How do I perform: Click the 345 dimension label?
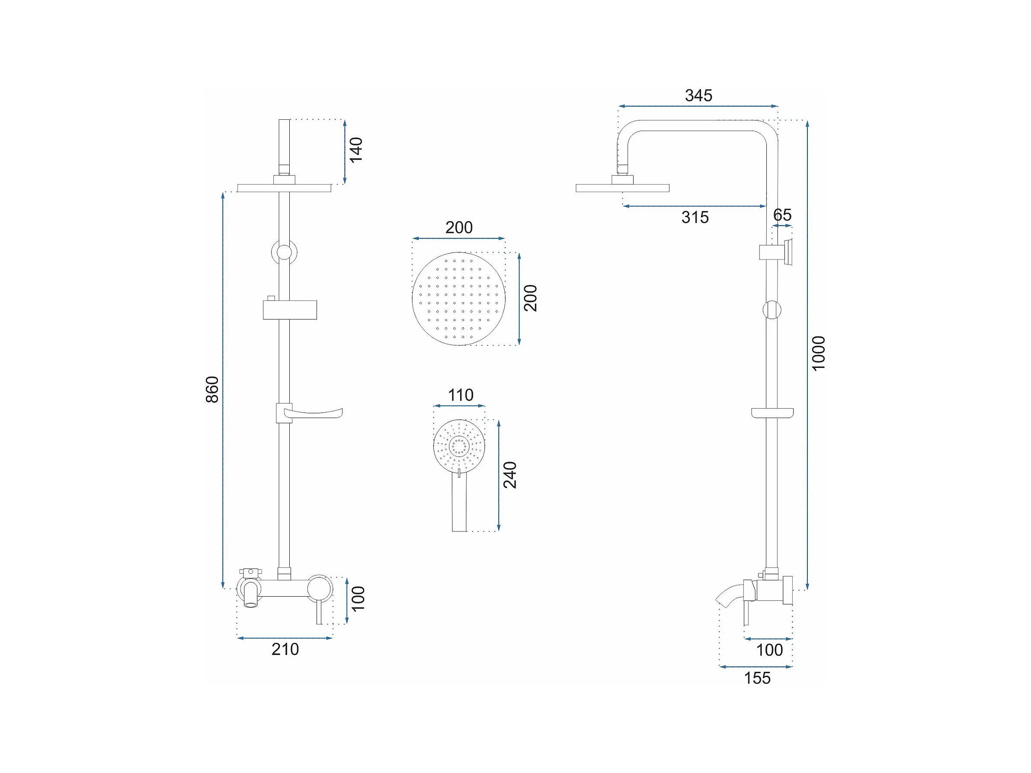(x=698, y=96)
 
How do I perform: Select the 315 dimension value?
(x=695, y=217)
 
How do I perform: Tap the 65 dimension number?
(x=782, y=215)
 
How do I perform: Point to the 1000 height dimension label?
(x=819, y=354)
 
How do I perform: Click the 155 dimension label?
(x=757, y=678)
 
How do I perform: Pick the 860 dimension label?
(x=212, y=389)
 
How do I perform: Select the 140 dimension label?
(x=356, y=150)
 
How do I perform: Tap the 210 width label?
(x=285, y=649)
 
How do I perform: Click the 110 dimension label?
(x=461, y=395)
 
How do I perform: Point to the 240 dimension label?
(x=510, y=475)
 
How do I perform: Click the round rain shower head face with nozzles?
(x=459, y=299)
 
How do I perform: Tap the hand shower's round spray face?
(x=460, y=445)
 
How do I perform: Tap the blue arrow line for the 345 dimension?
(x=698, y=107)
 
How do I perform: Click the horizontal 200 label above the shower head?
(x=459, y=227)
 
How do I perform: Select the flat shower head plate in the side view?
(x=622, y=188)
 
